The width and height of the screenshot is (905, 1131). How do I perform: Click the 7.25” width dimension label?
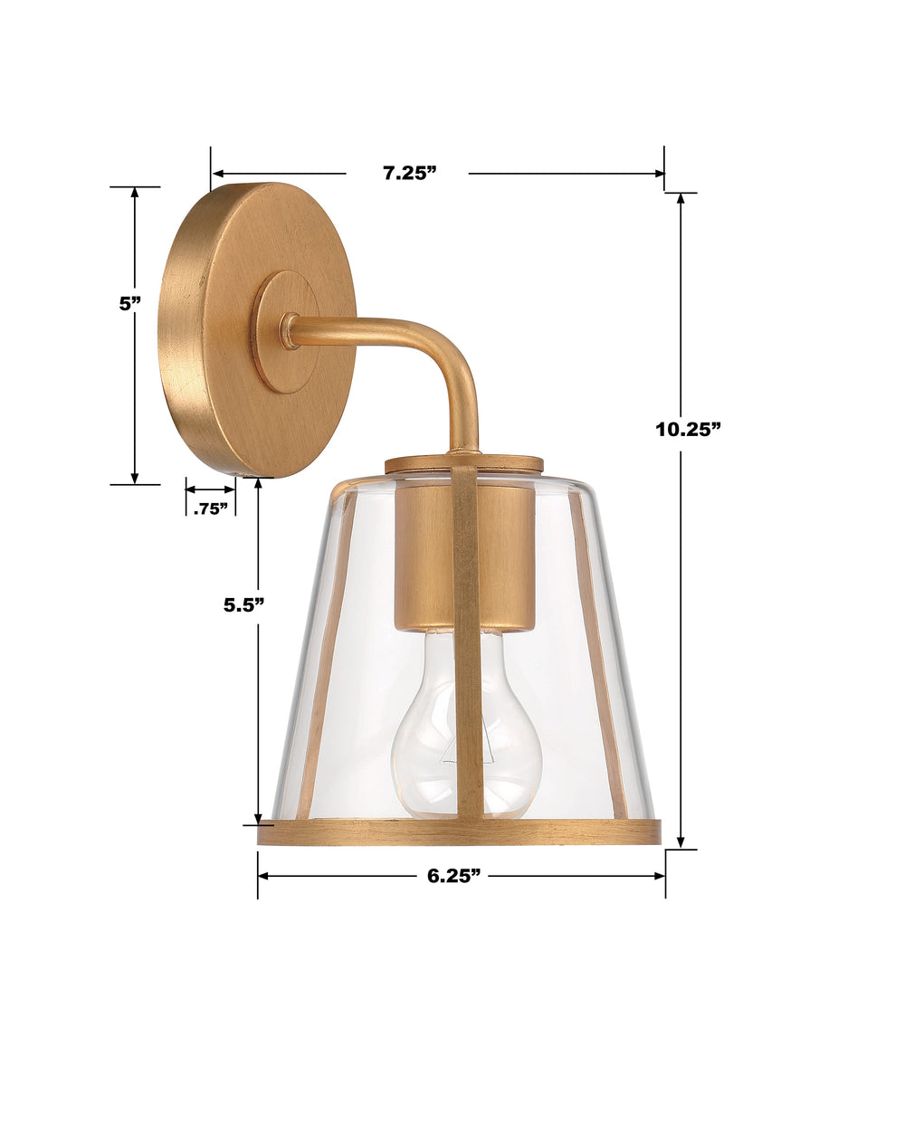(409, 174)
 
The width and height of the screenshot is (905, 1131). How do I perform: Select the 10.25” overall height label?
(688, 429)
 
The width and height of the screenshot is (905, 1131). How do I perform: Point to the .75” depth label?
(210, 508)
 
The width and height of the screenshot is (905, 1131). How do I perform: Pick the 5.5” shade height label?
(243, 605)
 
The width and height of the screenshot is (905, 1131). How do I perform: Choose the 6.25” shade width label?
(452, 876)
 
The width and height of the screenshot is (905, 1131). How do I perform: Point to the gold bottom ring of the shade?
(362, 832)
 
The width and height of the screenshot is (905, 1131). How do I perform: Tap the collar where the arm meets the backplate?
(289, 331)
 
